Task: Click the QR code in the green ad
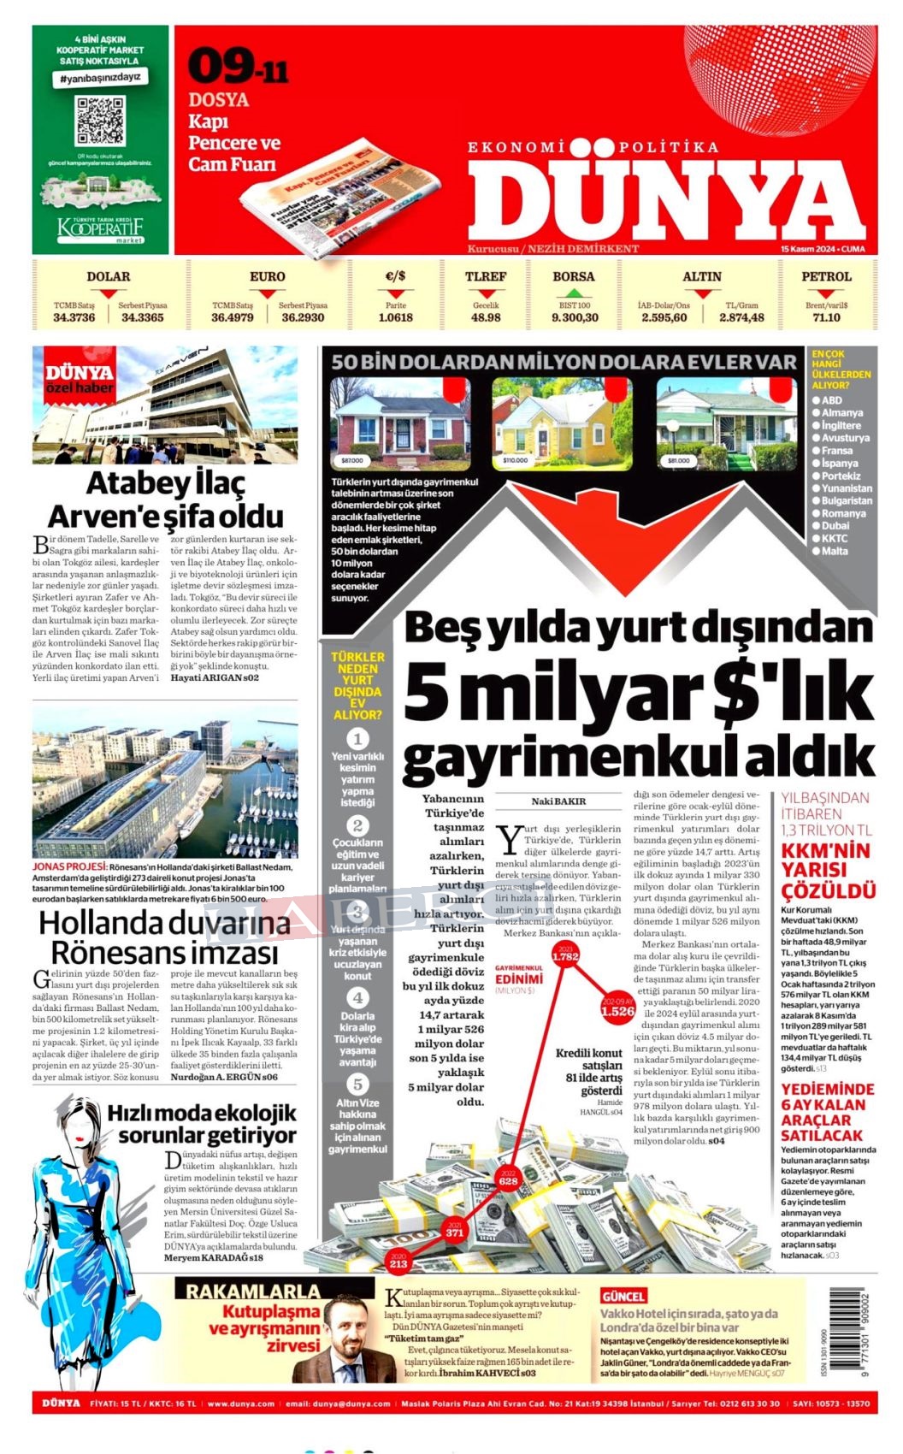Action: pyautogui.click(x=100, y=121)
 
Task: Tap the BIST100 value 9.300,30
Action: pyautogui.click(x=575, y=317)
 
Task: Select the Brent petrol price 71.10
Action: pyautogui.click(x=826, y=317)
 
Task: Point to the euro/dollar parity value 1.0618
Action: pyautogui.click(x=395, y=317)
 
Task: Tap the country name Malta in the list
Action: pyautogui.click(x=835, y=551)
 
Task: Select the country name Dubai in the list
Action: pyautogui.click(x=835, y=526)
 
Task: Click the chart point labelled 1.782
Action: pyautogui.click(x=565, y=956)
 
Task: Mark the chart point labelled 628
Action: pyautogui.click(x=508, y=1180)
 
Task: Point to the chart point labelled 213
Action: pyautogui.click(x=398, y=1263)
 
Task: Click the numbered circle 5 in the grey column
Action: pyautogui.click(x=357, y=1085)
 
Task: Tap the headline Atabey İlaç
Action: pyautogui.click(x=165, y=484)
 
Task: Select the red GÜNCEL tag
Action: pyautogui.click(x=623, y=1297)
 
